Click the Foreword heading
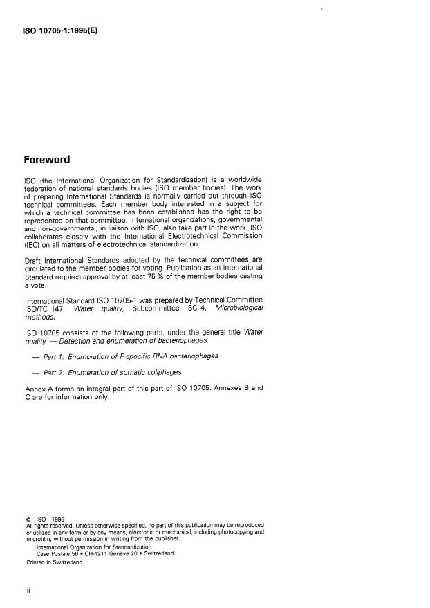[x=46, y=159]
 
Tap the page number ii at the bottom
[x=27, y=592]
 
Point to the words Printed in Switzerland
[x=55, y=562]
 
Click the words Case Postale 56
[x=60, y=553]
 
